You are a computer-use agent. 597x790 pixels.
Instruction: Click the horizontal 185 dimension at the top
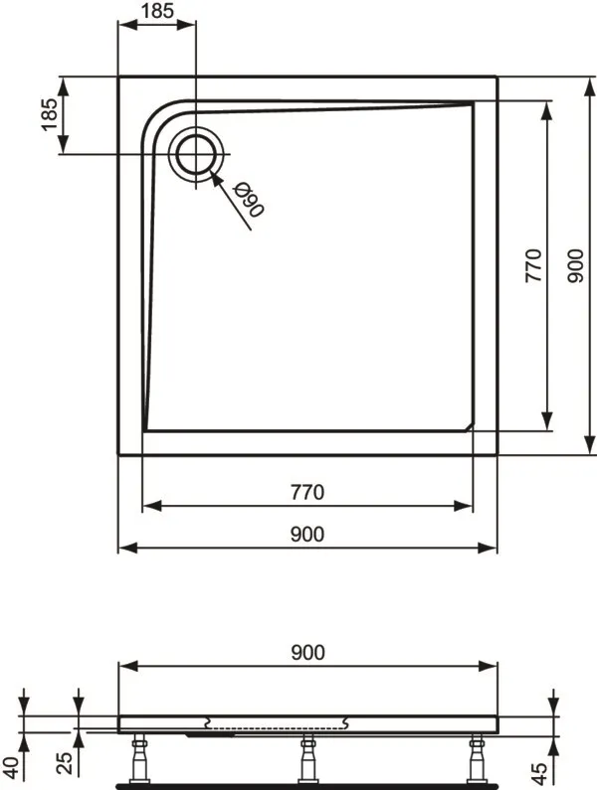tap(157, 11)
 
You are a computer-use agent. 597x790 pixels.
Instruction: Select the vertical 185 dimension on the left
tap(50, 114)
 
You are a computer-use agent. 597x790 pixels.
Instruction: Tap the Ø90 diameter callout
tap(249, 200)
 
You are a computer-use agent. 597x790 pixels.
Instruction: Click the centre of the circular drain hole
tap(196, 154)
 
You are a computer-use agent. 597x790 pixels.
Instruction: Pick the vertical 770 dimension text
tap(533, 265)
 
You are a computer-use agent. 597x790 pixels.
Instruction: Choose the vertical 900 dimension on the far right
tap(575, 265)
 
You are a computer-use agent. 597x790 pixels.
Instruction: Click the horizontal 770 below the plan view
tap(307, 492)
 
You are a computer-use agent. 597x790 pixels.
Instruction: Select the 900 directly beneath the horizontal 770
tap(307, 534)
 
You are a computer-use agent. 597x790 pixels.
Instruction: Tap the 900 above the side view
tap(307, 653)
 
